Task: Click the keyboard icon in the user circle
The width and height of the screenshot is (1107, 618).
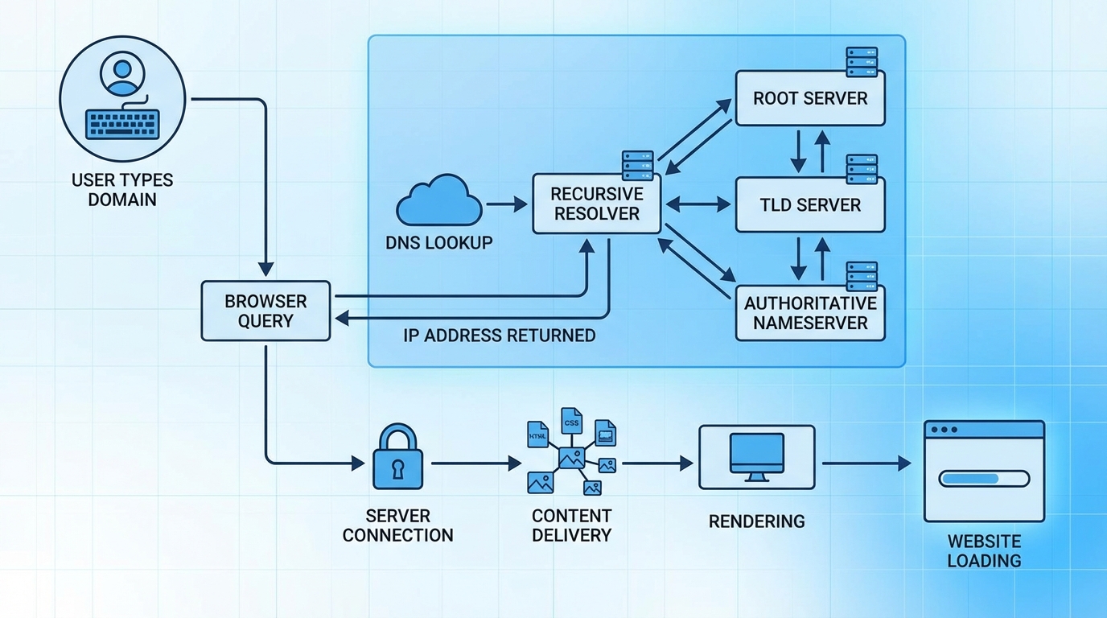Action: click(x=122, y=125)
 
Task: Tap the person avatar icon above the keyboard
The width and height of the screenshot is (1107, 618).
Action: click(x=122, y=74)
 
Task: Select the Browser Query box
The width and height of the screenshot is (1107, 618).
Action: click(x=265, y=311)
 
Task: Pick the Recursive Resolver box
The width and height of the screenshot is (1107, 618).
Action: click(x=596, y=204)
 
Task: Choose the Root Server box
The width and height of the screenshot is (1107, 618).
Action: click(x=810, y=98)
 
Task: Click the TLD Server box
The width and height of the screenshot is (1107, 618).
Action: click(x=810, y=204)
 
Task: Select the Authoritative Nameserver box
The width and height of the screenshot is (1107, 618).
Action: click(x=810, y=313)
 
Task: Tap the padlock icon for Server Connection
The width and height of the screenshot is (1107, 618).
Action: click(x=397, y=459)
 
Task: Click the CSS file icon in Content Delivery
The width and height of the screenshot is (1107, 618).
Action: click(x=571, y=422)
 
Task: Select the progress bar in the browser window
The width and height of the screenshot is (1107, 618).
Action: click(x=984, y=479)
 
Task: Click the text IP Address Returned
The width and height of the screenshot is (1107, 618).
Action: click(x=499, y=336)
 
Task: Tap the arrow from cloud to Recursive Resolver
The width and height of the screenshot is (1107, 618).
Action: click(x=507, y=205)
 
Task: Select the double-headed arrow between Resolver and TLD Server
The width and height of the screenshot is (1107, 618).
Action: click(x=698, y=205)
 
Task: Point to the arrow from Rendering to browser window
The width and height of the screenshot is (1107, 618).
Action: click(x=866, y=463)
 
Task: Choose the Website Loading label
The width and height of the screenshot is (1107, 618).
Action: click(x=984, y=550)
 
